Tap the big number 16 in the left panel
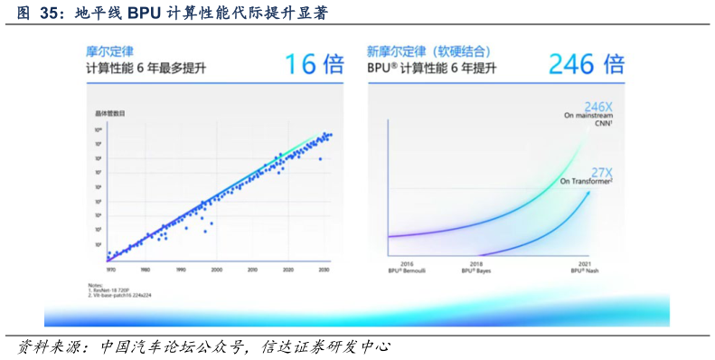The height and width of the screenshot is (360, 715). [x=301, y=64]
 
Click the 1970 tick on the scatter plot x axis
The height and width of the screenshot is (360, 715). [x=110, y=270]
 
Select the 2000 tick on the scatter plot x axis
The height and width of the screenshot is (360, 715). [x=216, y=270]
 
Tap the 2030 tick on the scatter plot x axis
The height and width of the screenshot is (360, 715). [x=323, y=270]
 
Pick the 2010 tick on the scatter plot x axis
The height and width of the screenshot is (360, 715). [x=252, y=270]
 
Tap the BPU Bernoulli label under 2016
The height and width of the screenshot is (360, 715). [x=406, y=270]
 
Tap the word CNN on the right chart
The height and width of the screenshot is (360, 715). [x=605, y=124]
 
